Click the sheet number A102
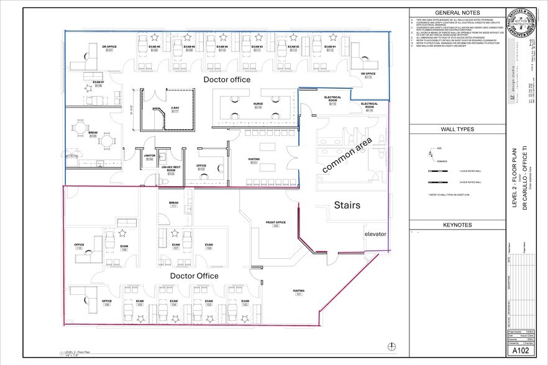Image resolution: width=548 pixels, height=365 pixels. (x=521, y=350)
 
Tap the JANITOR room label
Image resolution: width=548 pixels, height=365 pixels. (x=149, y=157)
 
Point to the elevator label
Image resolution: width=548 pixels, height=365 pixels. (x=375, y=234)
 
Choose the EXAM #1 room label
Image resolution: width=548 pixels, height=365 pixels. (x=330, y=48)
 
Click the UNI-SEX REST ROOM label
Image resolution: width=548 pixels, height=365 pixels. (x=171, y=169)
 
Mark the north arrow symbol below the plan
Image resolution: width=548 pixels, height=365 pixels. (x=391, y=346)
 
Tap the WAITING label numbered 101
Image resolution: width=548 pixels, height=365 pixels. (x=299, y=292)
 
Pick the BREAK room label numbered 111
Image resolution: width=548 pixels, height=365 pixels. (x=174, y=204)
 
